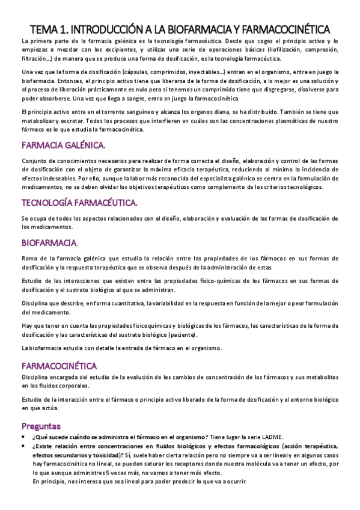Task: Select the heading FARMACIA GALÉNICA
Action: [63, 145]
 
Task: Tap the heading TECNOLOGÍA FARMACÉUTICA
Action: [79, 201]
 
